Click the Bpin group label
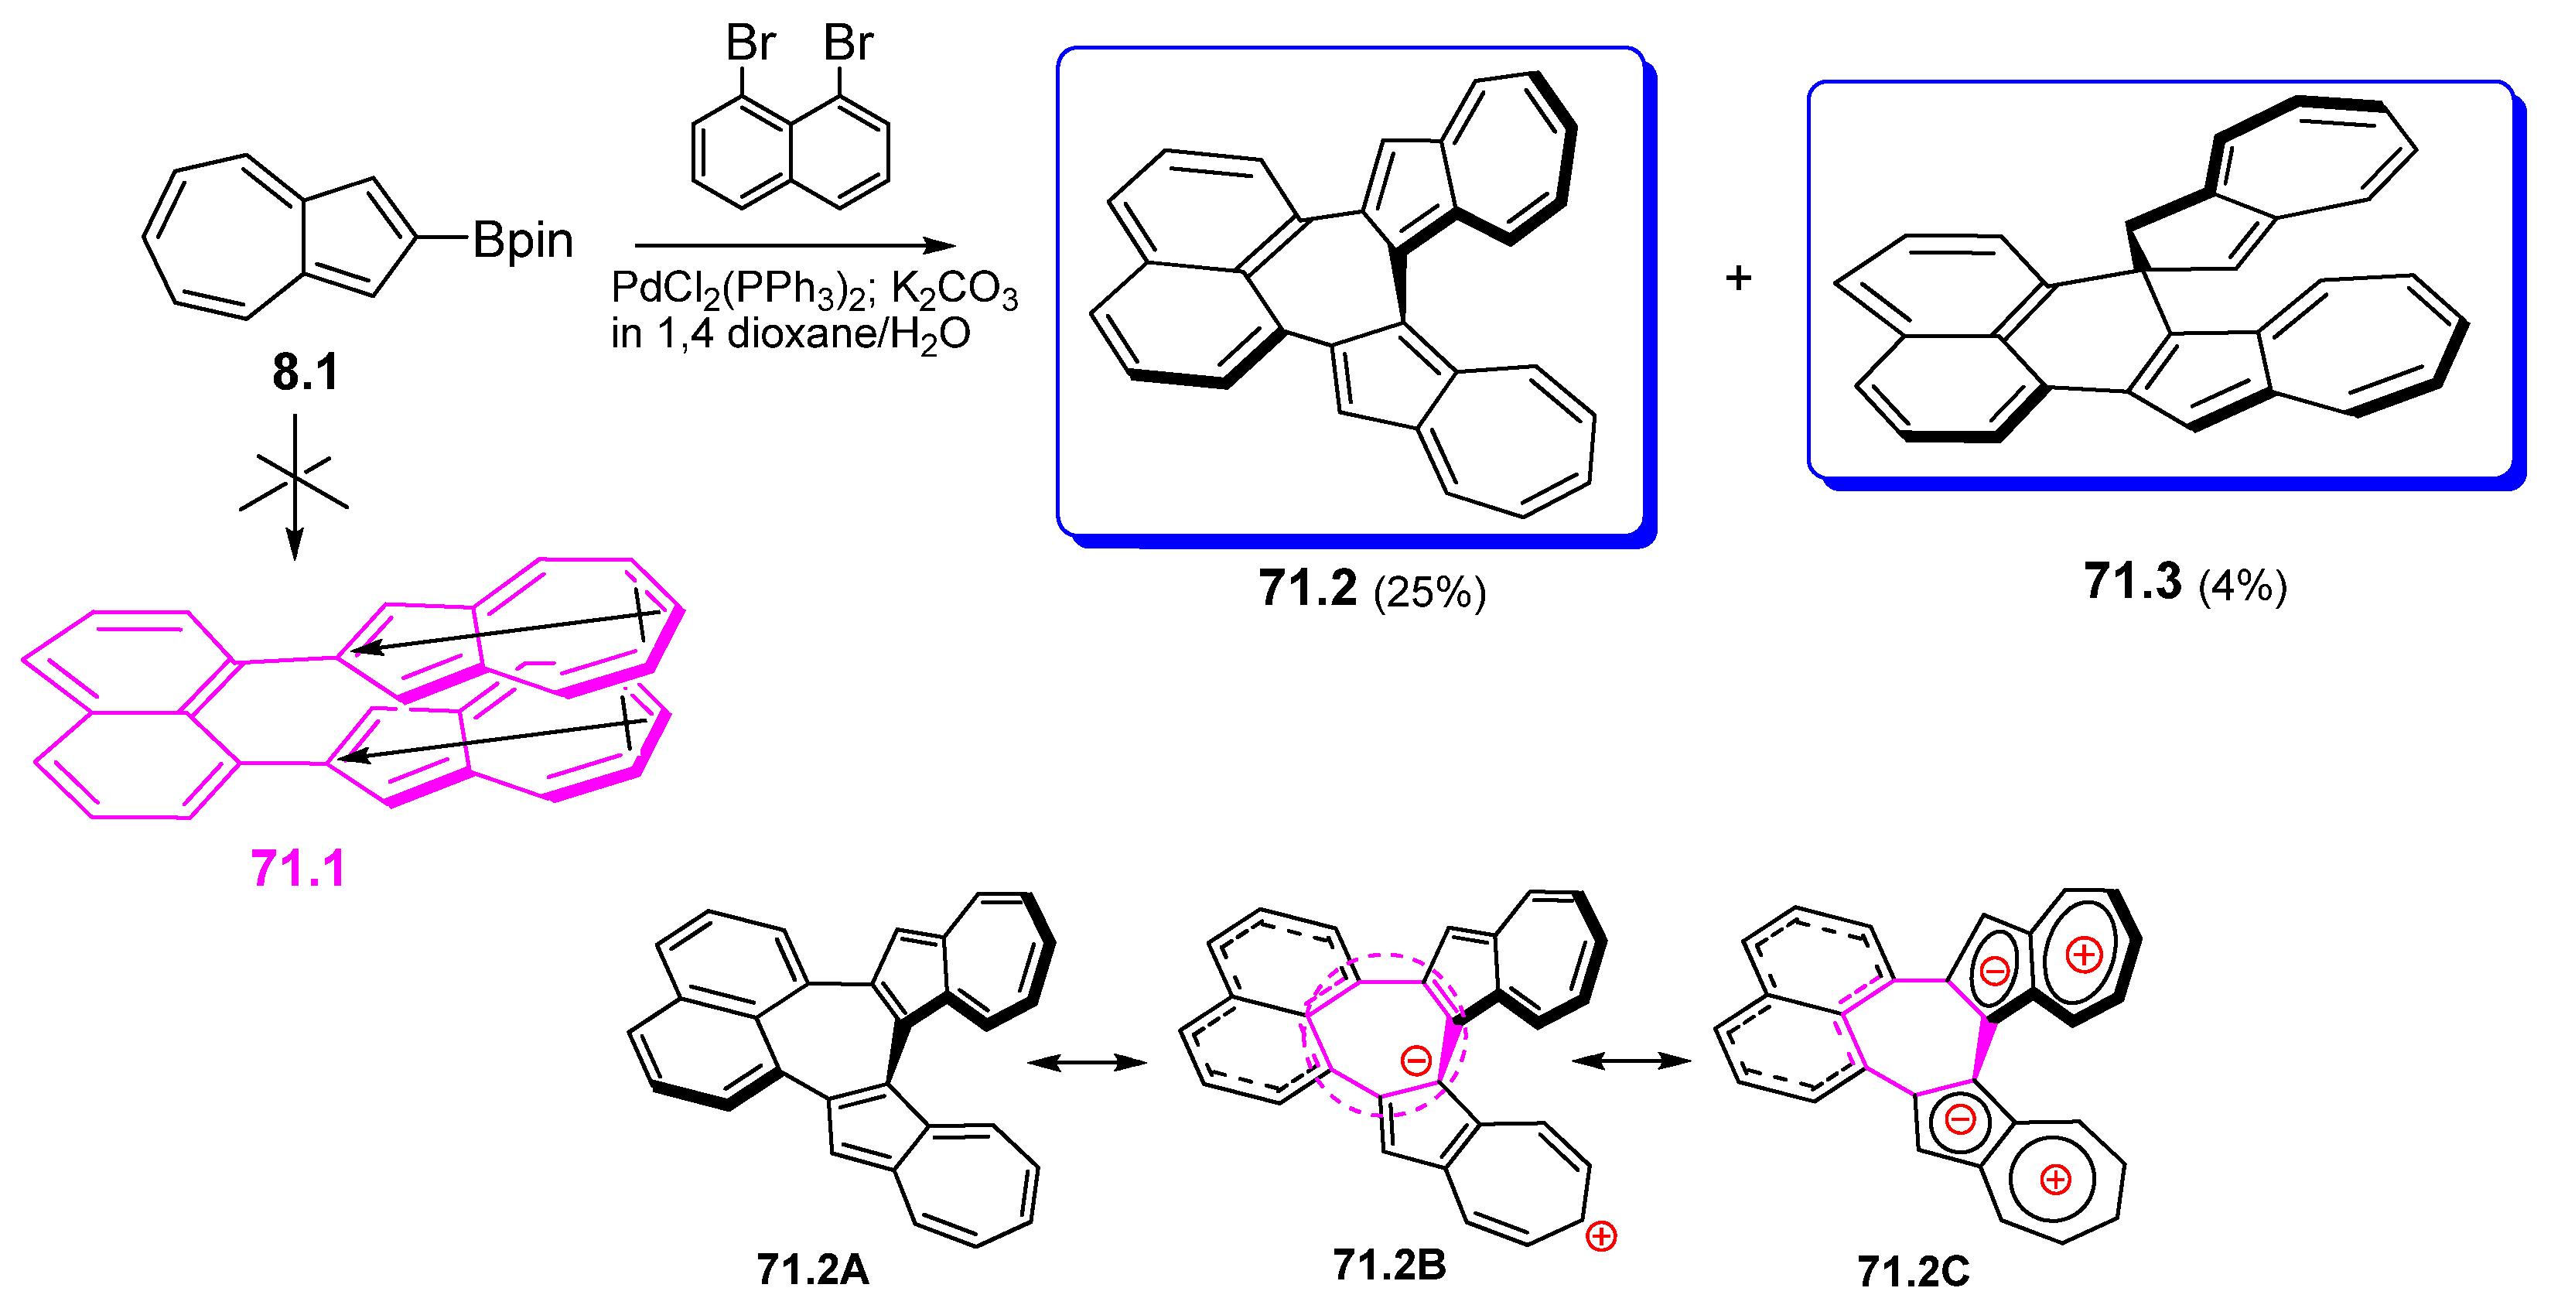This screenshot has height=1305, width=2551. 522,241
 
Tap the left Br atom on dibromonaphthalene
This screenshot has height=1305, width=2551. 750,43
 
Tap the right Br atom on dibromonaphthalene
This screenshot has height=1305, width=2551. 848,43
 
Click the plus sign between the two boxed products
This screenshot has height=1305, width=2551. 1738,278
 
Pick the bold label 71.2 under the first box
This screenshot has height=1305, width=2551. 1307,588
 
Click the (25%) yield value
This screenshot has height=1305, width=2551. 1429,592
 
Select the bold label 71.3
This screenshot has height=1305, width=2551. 2132,581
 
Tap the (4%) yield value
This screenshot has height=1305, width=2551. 2242,586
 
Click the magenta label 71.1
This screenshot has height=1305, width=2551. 298,869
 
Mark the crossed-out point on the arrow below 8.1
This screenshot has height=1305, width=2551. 294,482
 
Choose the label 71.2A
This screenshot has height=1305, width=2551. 812,1269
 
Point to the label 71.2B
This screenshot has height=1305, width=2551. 1388,1265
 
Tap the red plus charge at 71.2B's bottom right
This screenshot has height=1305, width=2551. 1601,1237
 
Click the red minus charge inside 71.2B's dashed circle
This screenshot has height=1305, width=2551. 1416,1061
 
